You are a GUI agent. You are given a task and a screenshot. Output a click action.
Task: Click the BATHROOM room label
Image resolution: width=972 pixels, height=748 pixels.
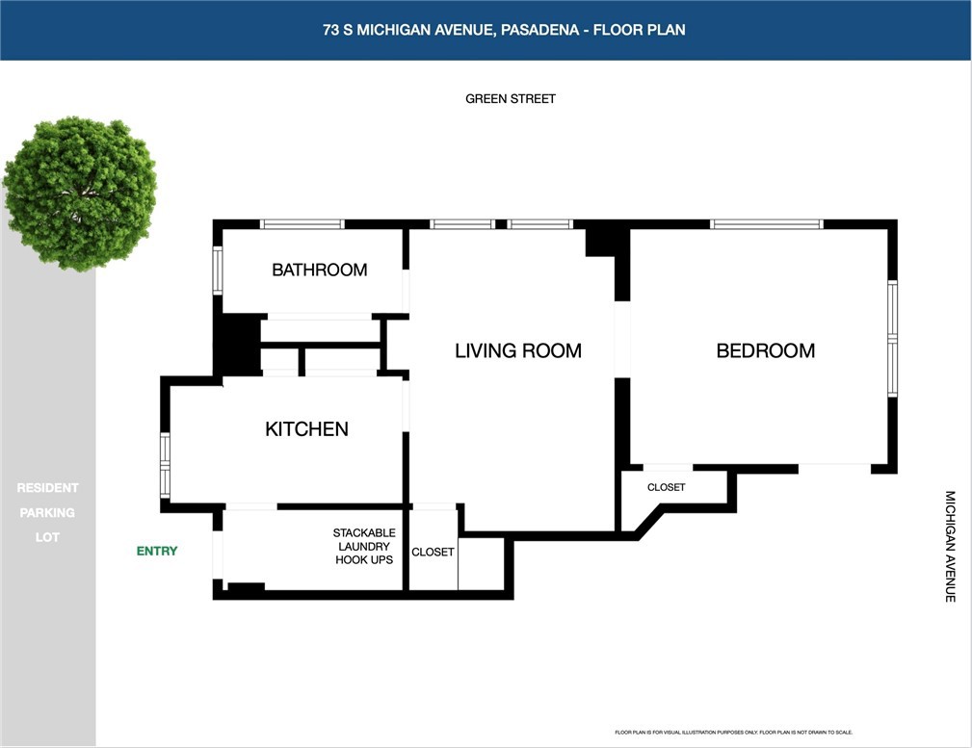click(x=319, y=270)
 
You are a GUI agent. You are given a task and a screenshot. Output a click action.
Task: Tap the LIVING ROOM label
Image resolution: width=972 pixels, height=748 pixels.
click(x=517, y=350)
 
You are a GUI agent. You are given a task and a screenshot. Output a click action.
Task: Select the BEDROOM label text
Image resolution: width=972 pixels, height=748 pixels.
click(x=765, y=350)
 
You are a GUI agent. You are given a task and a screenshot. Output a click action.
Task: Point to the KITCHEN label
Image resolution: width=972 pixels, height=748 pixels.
click(x=306, y=428)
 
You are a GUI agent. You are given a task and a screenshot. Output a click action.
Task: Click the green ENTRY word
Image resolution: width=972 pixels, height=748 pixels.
click(x=156, y=551)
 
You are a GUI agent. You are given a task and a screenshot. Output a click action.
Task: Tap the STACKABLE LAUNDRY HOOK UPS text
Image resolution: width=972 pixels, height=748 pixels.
click(x=364, y=546)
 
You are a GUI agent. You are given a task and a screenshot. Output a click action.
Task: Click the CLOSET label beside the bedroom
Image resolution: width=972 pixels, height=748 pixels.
click(x=666, y=487)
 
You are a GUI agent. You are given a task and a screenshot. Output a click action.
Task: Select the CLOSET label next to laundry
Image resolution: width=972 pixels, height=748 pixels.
click(x=433, y=552)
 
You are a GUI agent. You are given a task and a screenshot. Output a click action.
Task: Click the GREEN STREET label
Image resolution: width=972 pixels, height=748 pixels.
click(x=510, y=98)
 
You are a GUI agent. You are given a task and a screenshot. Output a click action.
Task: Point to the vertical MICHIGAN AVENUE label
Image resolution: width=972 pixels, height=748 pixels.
click(x=949, y=546)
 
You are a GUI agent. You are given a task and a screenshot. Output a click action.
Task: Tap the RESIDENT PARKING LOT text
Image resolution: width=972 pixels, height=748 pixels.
click(x=47, y=512)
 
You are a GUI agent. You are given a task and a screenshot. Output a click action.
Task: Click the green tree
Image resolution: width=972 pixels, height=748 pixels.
click(x=79, y=181)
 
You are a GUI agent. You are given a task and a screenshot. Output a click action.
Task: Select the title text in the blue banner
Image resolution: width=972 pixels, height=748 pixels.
click(x=504, y=30)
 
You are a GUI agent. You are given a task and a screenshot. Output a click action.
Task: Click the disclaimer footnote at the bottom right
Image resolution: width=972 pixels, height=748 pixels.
click(x=733, y=733)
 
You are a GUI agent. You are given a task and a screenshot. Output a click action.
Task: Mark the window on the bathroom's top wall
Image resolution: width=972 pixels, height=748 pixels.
click(x=302, y=224)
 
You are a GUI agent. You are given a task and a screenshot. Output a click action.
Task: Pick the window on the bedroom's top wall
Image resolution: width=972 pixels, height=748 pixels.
click(x=766, y=224)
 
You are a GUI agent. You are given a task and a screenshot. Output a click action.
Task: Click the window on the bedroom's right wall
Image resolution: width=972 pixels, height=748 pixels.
click(x=892, y=338)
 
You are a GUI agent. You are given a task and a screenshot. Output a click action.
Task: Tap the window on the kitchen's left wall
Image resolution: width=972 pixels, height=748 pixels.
click(x=165, y=465)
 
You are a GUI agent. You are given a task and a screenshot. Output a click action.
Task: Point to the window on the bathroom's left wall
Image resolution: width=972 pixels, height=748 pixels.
click(x=218, y=271)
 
